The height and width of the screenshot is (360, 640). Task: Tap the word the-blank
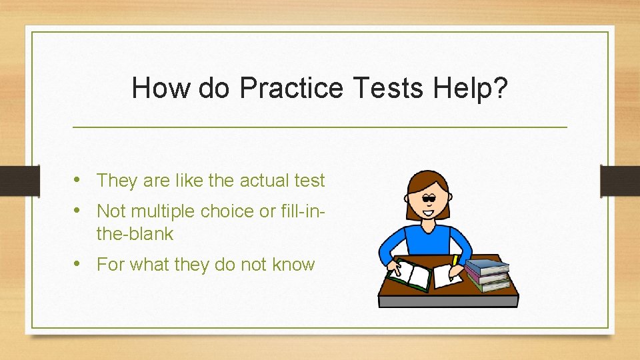[135, 234]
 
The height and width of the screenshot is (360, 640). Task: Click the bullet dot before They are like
[79, 179]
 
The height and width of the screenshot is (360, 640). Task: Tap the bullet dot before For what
[79, 263]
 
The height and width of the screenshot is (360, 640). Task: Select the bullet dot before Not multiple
[79, 210]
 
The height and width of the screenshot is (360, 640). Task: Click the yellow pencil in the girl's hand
[456, 261]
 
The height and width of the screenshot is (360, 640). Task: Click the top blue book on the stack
[487, 265]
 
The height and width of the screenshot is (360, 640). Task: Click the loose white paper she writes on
[445, 276]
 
